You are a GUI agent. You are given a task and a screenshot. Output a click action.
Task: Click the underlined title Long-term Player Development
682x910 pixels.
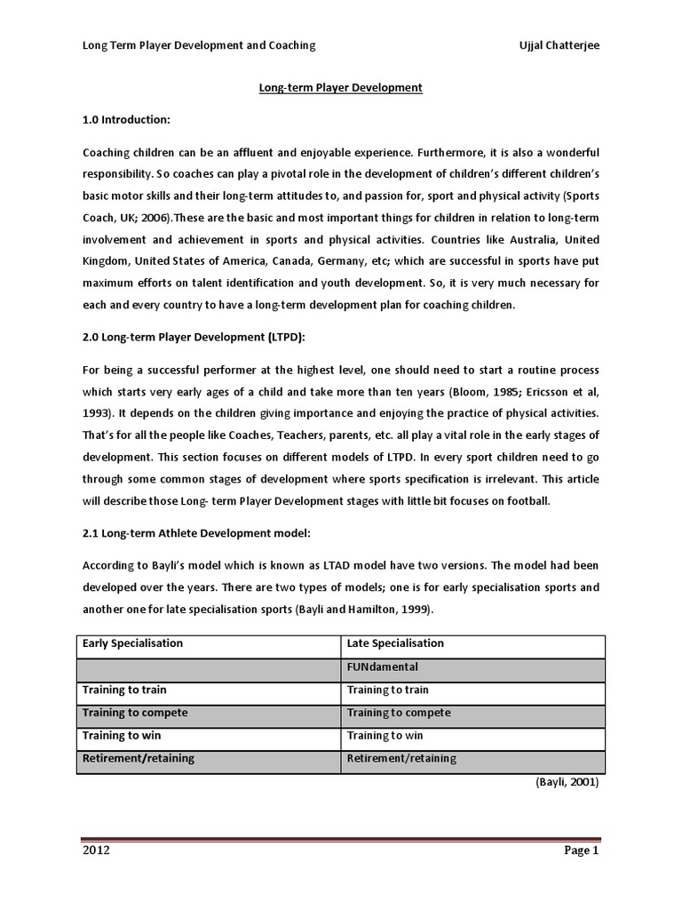pyautogui.click(x=340, y=87)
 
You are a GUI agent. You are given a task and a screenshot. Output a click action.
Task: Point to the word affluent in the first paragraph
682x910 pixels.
pyautogui.click(x=252, y=152)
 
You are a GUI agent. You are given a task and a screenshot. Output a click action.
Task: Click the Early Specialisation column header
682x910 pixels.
pyautogui.click(x=132, y=643)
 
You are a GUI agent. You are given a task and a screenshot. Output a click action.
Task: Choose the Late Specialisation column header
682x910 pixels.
pyautogui.click(x=395, y=643)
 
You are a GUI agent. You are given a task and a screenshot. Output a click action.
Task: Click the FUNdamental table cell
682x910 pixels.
pyautogui.click(x=382, y=666)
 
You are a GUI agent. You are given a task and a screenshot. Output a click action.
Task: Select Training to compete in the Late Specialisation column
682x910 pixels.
pyautogui.click(x=398, y=713)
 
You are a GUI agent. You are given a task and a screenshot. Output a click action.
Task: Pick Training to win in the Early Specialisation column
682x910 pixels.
pyautogui.click(x=122, y=736)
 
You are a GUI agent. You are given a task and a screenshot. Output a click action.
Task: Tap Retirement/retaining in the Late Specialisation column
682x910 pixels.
pyautogui.click(x=401, y=758)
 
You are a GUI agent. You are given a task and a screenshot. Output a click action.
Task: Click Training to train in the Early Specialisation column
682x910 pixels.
pyautogui.click(x=124, y=690)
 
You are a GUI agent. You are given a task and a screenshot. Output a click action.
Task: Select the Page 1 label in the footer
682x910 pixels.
pyautogui.click(x=583, y=850)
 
